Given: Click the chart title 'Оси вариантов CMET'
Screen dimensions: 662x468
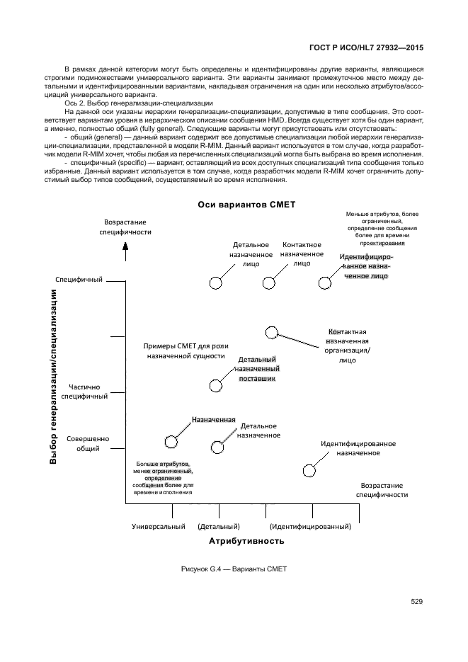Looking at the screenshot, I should click(x=246, y=205).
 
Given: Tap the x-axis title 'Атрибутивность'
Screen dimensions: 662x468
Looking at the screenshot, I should click(x=246, y=541).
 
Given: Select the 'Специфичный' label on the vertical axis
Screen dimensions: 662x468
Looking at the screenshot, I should click(x=79, y=280).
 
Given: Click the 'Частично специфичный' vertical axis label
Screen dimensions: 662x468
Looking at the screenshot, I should click(x=84, y=392).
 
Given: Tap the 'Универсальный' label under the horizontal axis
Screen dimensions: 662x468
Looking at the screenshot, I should click(x=159, y=527).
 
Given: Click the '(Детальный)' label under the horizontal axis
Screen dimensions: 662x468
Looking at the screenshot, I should click(x=219, y=527).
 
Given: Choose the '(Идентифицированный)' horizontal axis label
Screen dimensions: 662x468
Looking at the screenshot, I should click(x=310, y=527).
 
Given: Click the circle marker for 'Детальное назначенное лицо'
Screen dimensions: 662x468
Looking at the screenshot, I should click(x=216, y=283).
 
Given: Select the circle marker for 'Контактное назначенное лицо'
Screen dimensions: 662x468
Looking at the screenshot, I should click(x=268, y=283).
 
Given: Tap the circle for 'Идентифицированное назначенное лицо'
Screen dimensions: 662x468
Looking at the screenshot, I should click(x=324, y=283).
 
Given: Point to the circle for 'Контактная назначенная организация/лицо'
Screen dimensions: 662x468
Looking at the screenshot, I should click(x=271, y=332).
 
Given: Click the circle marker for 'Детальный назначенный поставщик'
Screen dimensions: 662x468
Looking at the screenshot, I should click(x=216, y=385).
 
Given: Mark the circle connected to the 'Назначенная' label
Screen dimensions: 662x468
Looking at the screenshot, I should click(x=171, y=442).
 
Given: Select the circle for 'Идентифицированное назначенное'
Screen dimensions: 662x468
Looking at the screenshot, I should click(x=309, y=471).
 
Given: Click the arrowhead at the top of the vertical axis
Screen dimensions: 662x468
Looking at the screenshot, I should click(x=125, y=246).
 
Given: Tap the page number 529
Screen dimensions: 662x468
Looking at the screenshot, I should click(x=416, y=602).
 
